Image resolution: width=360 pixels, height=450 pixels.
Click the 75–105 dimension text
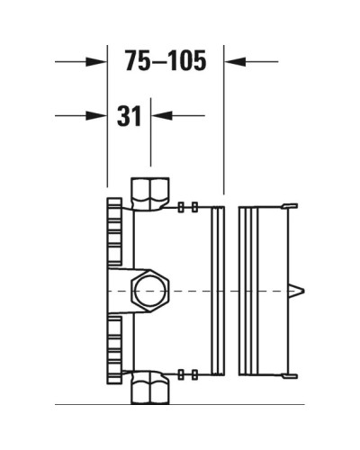(x=166, y=61)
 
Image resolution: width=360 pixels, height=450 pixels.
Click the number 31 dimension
(x=130, y=115)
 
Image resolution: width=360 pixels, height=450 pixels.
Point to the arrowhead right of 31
(x=161, y=115)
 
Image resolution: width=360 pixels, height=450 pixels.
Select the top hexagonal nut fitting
(x=148, y=193)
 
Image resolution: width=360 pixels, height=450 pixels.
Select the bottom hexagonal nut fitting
(x=148, y=391)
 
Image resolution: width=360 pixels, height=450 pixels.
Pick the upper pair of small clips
(x=187, y=208)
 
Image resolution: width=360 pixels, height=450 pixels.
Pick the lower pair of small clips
(x=187, y=373)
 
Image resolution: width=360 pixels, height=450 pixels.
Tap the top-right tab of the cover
(x=289, y=207)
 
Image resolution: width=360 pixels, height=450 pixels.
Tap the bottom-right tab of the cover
(x=289, y=373)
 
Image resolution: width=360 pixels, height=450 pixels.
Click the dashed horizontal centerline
(x=207, y=291)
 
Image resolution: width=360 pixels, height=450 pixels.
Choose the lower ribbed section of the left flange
(x=113, y=346)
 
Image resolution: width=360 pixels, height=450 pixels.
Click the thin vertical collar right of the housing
(x=217, y=290)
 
